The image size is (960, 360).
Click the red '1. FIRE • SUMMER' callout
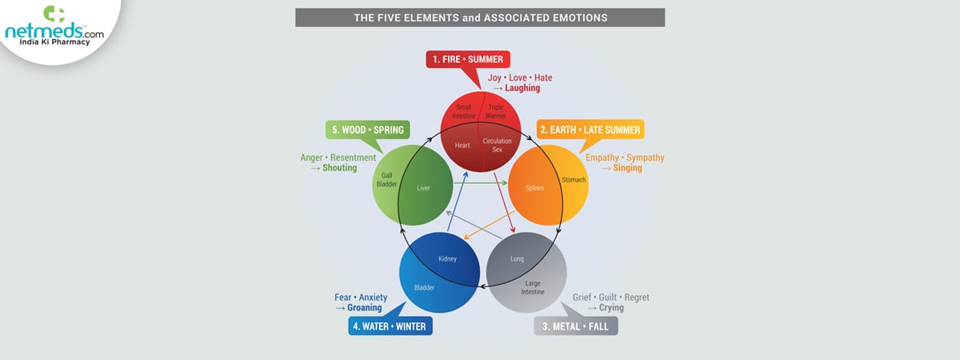[468, 59]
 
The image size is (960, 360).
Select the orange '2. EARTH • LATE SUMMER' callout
[590, 130]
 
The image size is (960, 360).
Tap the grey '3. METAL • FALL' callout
[576, 326]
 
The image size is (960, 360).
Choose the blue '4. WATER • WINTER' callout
[390, 326]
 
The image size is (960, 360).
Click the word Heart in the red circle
[462, 146]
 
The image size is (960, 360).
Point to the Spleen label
[534, 189]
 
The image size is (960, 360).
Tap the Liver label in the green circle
[424, 189]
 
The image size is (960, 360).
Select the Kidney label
[447, 259]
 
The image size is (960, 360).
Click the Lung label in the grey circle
[517, 259]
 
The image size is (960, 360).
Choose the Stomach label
[574, 180]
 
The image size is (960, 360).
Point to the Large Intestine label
[533, 287]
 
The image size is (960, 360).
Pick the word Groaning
[365, 308]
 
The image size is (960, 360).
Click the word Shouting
[340, 169]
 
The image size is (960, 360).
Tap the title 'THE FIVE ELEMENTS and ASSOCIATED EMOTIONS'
[480, 17]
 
